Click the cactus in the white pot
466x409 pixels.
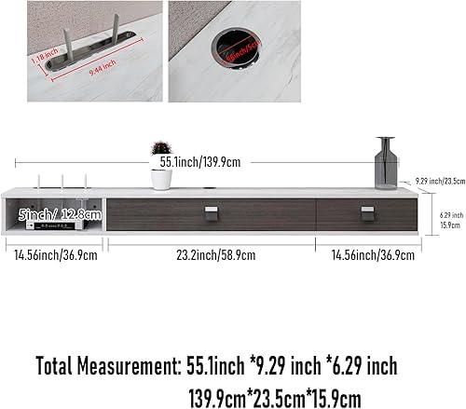click(x=161, y=150)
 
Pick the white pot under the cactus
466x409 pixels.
click(x=161, y=178)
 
